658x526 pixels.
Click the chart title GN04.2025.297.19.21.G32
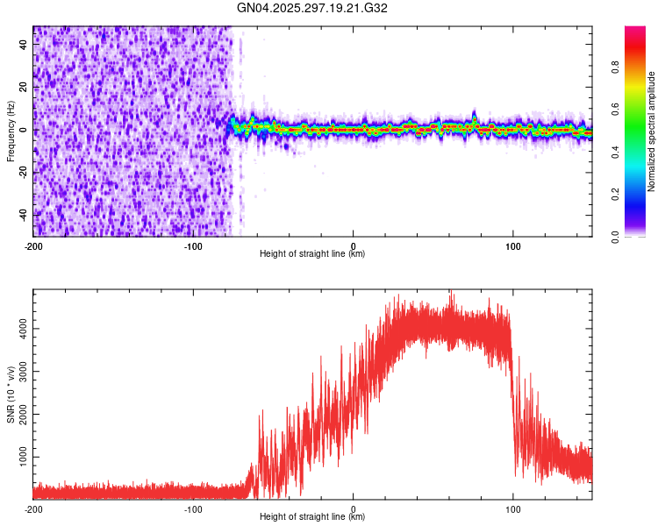point(312,8)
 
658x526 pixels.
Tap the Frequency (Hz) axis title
point(11,131)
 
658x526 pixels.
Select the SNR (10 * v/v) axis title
point(11,395)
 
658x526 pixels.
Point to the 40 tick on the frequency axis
point(25,46)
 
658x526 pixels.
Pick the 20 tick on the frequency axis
point(25,88)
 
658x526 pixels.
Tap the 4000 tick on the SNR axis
point(20,329)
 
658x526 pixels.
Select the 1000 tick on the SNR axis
point(20,458)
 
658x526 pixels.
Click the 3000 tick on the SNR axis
point(20,372)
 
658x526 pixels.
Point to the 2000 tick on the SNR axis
point(20,415)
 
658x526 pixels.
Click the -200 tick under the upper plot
point(33,245)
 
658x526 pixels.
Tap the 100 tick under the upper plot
point(513,245)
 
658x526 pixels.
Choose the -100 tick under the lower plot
point(193,508)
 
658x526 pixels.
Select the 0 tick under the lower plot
point(354,508)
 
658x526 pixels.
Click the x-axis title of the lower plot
point(312,517)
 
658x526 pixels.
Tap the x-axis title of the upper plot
point(312,254)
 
